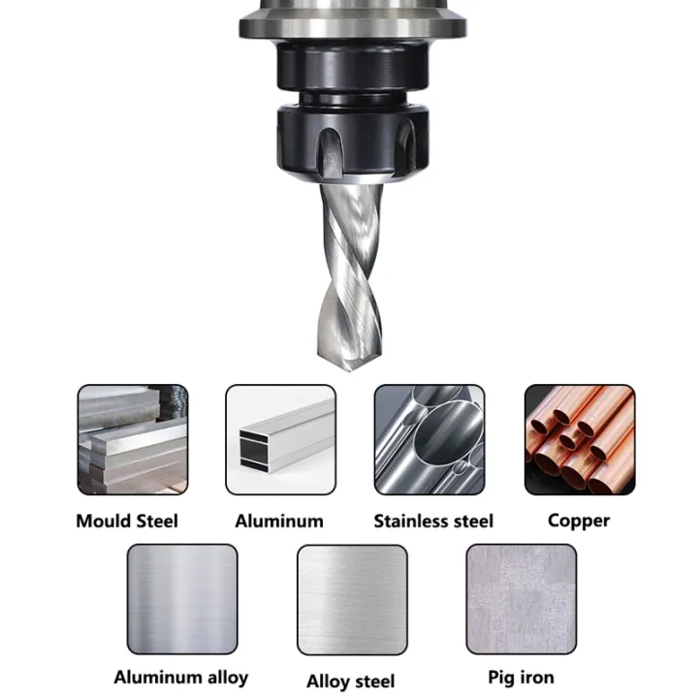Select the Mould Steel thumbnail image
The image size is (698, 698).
tap(133, 439)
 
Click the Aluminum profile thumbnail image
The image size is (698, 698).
tap(281, 439)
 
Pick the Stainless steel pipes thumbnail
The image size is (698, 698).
tap(429, 439)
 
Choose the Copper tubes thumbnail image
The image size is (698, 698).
tap(579, 439)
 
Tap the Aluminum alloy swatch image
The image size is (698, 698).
tap(182, 598)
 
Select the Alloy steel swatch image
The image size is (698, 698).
tap(351, 599)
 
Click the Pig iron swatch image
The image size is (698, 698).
tap(521, 598)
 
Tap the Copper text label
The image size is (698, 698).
tap(579, 521)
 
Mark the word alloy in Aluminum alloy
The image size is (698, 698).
tap(224, 677)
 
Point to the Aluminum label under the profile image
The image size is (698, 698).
tap(279, 521)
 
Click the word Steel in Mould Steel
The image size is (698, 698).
tap(155, 521)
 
